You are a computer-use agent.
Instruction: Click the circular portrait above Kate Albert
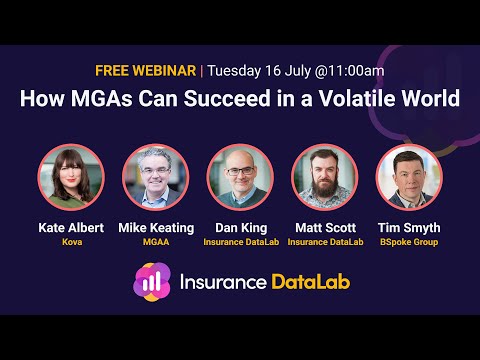pyautogui.click(x=71, y=178)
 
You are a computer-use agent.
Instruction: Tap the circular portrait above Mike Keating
pyautogui.click(x=155, y=178)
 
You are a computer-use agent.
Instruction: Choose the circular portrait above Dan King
pyautogui.click(x=240, y=178)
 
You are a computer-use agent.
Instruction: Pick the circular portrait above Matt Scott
pyautogui.click(x=324, y=178)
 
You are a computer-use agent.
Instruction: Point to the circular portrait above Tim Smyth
pyautogui.click(x=409, y=178)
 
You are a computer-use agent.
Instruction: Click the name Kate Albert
pyautogui.click(x=71, y=229)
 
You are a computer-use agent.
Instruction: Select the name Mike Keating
pyautogui.click(x=155, y=229)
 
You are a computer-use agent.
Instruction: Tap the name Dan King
pyautogui.click(x=240, y=229)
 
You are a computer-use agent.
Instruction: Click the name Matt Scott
pyautogui.click(x=324, y=229)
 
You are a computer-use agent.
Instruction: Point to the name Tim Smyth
pyautogui.click(x=409, y=229)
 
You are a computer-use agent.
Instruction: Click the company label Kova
pyautogui.click(x=71, y=242)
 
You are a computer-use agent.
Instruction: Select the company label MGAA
pyautogui.click(x=155, y=242)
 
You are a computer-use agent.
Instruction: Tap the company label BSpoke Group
pyautogui.click(x=409, y=242)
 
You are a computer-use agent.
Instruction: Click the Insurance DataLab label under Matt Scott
pyautogui.click(x=324, y=242)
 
